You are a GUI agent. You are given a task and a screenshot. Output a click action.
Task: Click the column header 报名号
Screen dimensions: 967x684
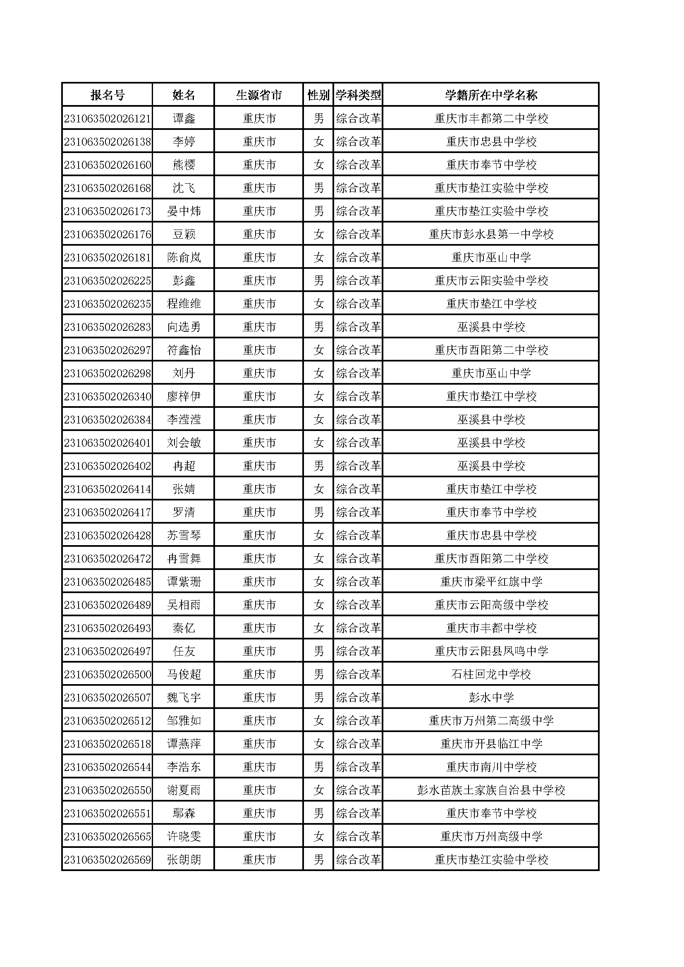pos(108,95)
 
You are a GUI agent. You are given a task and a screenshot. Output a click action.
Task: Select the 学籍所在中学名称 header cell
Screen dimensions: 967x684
pos(491,95)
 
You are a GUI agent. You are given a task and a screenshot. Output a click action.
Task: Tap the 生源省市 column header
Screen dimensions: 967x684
pos(259,95)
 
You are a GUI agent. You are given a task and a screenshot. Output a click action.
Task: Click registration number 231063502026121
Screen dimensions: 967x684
pos(108,119)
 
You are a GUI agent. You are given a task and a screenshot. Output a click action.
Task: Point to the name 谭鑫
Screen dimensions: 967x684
pos(184,119)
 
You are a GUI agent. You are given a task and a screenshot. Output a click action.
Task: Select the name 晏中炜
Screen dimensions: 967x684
pos(184,211)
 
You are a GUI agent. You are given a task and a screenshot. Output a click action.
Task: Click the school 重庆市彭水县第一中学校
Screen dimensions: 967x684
pos(491,235)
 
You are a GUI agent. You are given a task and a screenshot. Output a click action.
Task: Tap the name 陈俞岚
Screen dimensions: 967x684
pos(184,258)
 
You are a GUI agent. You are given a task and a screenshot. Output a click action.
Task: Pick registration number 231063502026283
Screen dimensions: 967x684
pos(108,327)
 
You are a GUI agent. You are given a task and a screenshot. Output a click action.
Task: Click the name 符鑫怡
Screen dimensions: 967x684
pos(184,350)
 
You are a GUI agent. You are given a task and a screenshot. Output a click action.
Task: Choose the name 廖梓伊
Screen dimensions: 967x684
pos(184,397)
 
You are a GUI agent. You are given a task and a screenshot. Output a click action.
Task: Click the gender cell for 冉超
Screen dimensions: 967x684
pos(319,466)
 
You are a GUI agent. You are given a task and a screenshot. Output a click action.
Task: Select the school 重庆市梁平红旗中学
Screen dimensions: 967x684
pos(491,582)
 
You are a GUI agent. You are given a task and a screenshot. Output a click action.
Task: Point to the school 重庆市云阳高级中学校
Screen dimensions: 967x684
pos(491,605)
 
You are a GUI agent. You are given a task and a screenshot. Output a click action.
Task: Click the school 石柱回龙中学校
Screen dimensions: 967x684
pos(491,675)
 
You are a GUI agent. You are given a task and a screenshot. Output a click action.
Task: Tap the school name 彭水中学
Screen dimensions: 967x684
pos(491,698)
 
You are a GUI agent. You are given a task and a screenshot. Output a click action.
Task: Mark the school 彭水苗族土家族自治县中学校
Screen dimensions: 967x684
pos(491,790)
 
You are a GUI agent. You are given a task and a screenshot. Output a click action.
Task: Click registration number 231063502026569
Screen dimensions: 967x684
pos(108,860)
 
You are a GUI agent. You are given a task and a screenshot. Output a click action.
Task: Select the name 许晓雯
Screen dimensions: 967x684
pos(184,837)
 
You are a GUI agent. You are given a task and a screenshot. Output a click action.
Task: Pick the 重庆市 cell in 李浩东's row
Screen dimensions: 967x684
pos(259,767)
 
